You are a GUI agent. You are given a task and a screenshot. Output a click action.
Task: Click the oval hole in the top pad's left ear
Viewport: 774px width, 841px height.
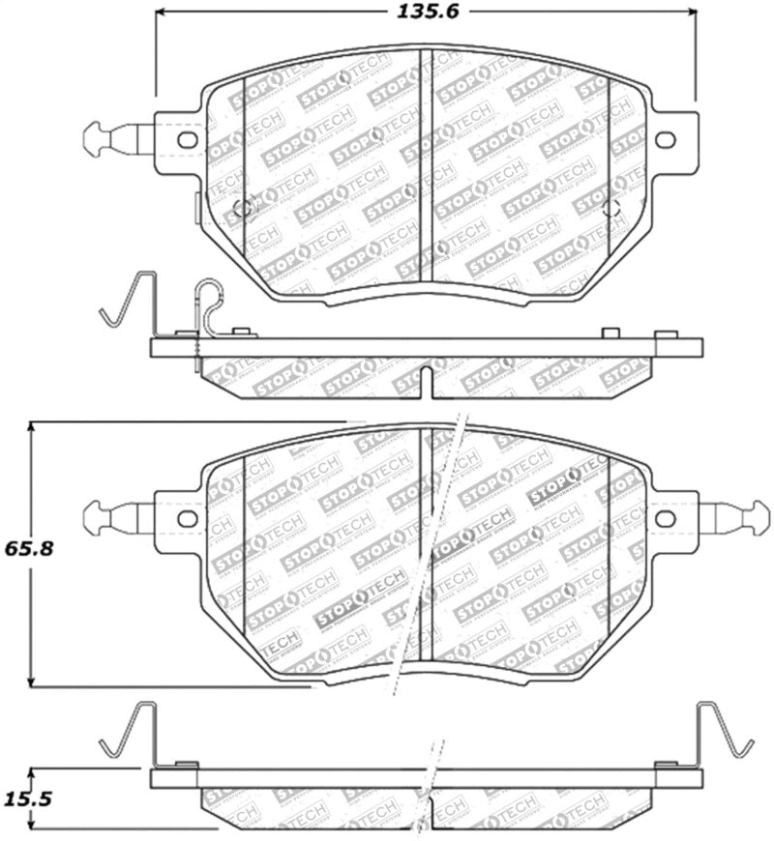pyautogui.click(x=188, y=140)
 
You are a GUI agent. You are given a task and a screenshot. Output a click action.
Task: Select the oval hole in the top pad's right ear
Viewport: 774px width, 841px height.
pyautogui.click(x=666, y=140)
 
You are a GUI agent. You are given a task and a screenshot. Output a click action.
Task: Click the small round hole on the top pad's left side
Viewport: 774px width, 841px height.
pyautogui.click(x=243, y=207)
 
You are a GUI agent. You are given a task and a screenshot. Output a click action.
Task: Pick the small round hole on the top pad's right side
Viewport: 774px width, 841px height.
pyautogui.click(x=610, y=207)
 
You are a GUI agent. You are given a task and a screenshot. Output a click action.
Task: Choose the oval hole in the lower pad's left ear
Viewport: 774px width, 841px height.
pyautogui.click(x=188, y=519)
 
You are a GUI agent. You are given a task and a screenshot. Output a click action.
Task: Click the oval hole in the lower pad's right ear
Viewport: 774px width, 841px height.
pyautogui.click(x=666, y=519)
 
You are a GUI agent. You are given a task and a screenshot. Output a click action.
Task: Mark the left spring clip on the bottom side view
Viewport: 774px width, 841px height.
pyautogui.click(x=131, y=731)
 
